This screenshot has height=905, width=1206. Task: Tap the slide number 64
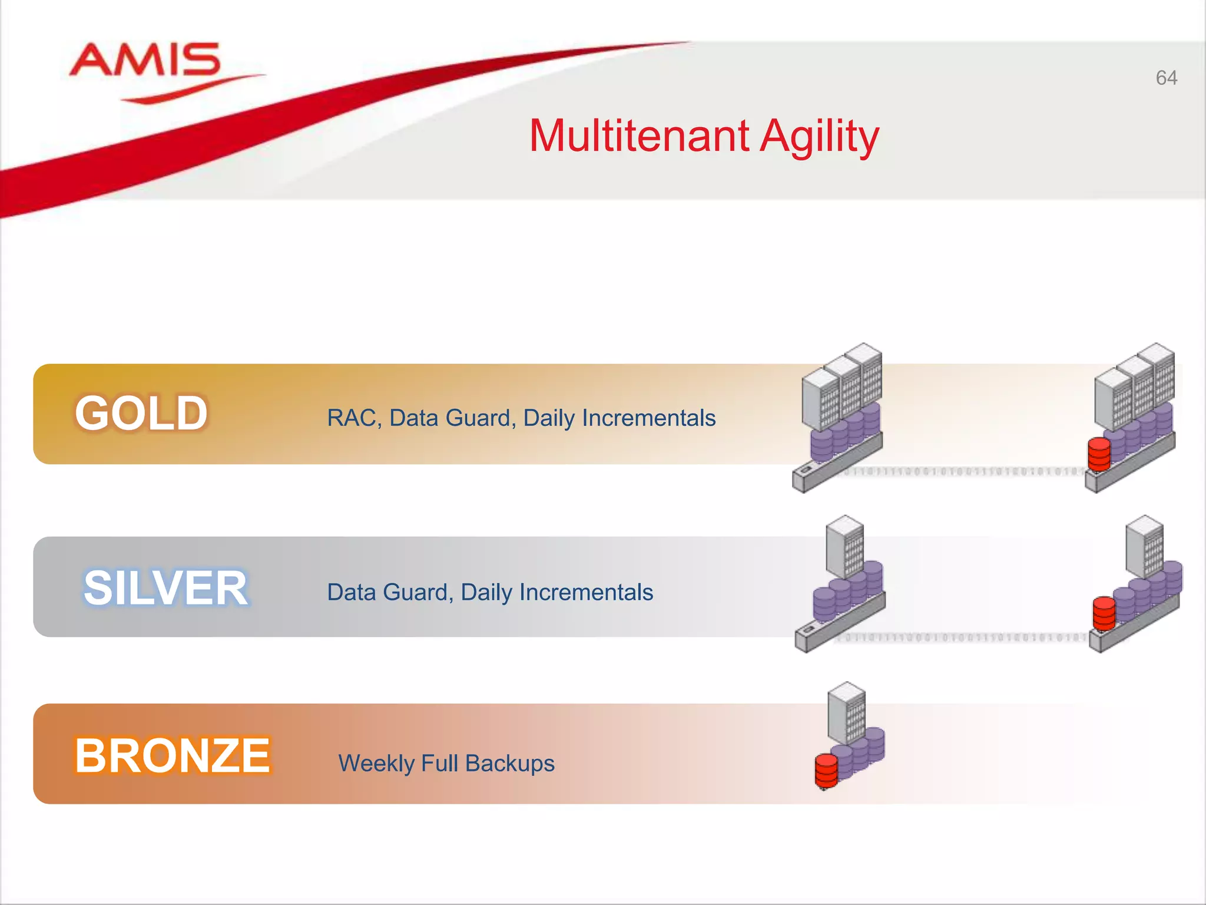pos(1166,78)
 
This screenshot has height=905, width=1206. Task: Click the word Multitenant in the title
pos(639,136)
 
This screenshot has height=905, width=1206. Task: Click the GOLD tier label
pos(141,413)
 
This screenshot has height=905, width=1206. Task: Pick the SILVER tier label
pos(165,587)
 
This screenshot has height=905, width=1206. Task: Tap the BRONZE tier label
pos(173,755)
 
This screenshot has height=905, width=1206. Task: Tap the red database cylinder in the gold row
pos(1099,454)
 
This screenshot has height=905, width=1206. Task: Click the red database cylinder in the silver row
pos(1104,613)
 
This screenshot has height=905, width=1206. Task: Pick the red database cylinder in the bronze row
pos(826,771)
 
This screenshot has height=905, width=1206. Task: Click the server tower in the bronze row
pos(847,713)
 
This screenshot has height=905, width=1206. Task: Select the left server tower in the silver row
pos(845,546)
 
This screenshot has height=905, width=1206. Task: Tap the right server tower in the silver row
pos(1145,546)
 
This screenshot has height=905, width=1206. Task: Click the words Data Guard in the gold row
pos(452,418)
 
